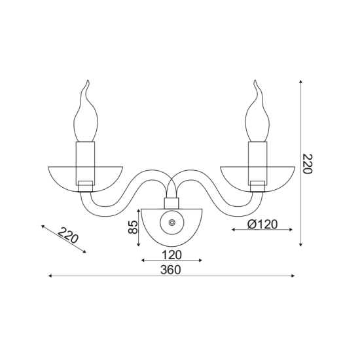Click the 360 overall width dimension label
point(171,270)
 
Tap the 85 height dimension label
point(133,227)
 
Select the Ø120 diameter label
point(262,224)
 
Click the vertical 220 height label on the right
point(307,164)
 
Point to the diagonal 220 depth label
point(68,236)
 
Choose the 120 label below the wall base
point(171,255)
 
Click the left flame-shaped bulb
point(86,111)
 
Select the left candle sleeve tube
point(85,163)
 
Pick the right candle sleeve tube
point(258,163)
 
